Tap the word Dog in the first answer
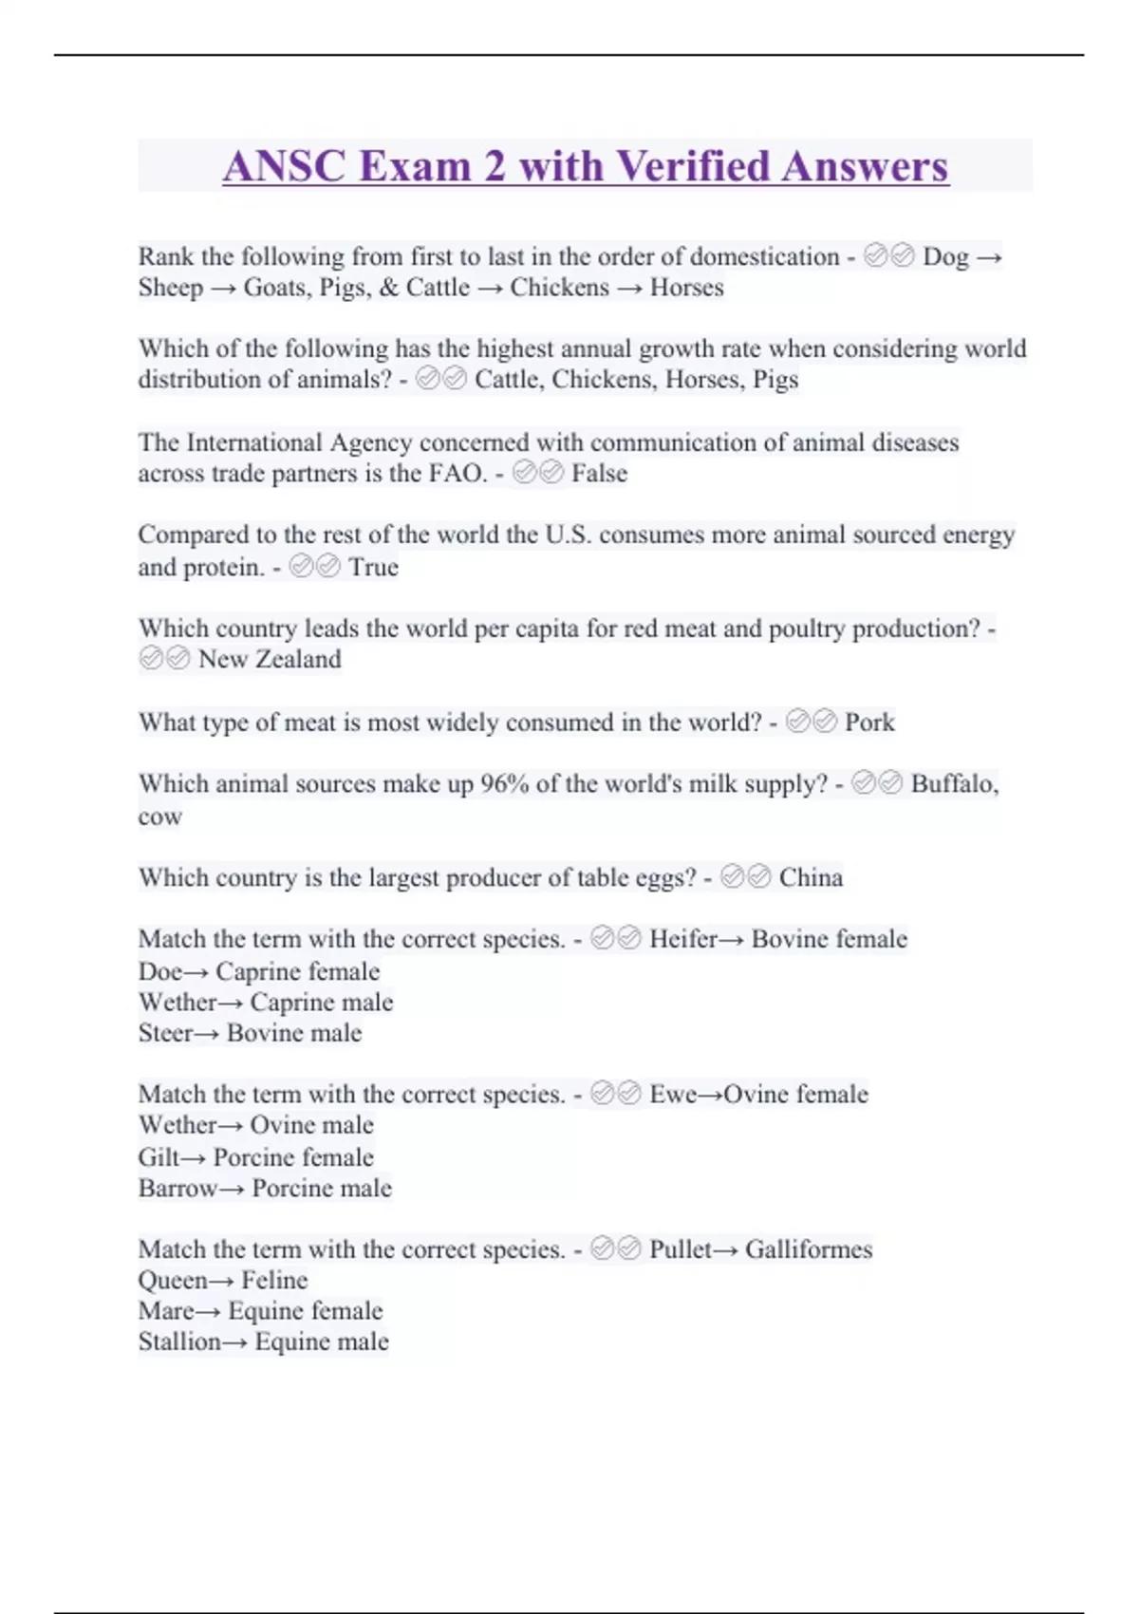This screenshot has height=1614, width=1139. pyautogui.click(x=945, y=256)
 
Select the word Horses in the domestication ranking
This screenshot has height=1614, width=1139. pyautogui.click(x=686, y=288)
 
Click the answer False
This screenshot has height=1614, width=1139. pyautogui.click(x=599, y=473)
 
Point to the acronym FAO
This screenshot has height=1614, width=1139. pyautogui.click(x=457, y=473)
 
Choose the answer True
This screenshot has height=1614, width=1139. pyautogui.click(x=373, y=567)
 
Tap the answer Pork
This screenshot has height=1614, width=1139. pyautogui.click(x=869, y=723)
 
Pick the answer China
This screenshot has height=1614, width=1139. pyautogui.click(x=811, y=877)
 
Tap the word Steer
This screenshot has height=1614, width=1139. pyautogui.click(x=165, y=1033)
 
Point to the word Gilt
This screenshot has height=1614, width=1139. pyautogui.click(x=159, y=1157)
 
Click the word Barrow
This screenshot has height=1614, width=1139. pyautogui.click(x=177, y=1189)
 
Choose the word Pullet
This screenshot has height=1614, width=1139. pyautogui.click(x=680, y=1249)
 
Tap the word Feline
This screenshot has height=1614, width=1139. pyautogui.click(x=274, y=1281)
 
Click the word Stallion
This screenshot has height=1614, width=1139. pyautogui.click(x=179, y=1342)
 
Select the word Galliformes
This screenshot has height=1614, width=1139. pyautogui.click(x=809, y=1249)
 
